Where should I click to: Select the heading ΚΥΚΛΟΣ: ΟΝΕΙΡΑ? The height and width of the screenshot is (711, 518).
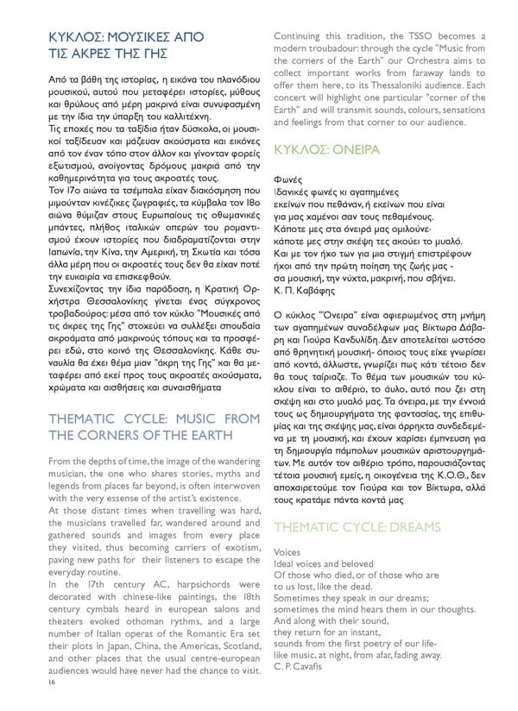tap(325, 149)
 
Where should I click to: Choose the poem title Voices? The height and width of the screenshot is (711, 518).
tap(287, 551)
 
